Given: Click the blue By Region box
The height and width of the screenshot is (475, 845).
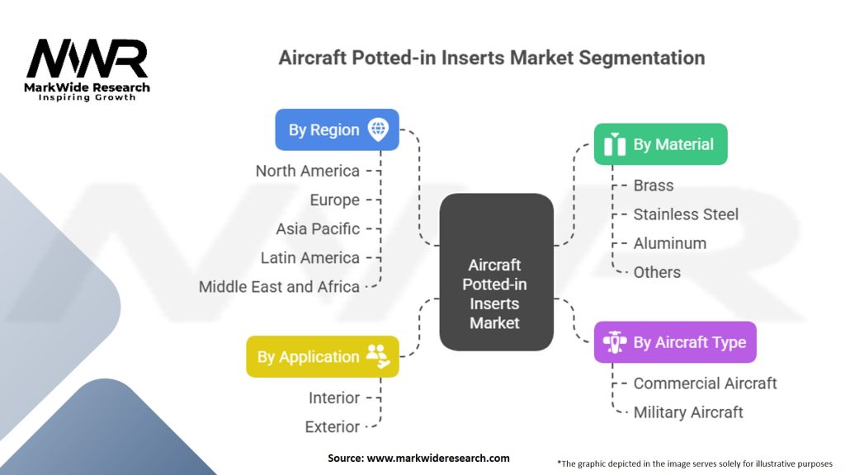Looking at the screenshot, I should click(337, 129).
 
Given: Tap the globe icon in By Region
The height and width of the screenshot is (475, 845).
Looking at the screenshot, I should click(379, 129).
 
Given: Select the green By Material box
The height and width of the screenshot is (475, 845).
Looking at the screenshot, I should click(660, 144).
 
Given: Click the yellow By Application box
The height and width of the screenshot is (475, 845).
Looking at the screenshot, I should click(322, 356).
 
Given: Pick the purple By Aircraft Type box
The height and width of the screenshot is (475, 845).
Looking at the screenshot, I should click(675, 342).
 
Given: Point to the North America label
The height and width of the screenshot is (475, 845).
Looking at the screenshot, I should click(308, 171).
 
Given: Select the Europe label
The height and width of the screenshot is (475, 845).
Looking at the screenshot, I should click(334, 200).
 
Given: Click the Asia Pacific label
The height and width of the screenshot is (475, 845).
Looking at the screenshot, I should click(318, 228).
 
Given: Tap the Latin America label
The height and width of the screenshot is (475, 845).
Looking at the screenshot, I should click(310, 257).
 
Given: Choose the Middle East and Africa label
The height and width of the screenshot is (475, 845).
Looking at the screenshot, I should click(279, 287).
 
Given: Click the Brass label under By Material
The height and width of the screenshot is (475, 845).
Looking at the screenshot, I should click(654, 186).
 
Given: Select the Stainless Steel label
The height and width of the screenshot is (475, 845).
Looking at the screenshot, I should click(686, 214).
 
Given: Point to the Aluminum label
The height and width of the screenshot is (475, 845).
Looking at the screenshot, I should click(669, 243).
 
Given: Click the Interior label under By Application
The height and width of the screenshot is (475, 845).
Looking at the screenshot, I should click(334, 397).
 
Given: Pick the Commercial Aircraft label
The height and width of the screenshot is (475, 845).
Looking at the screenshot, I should click(705, 383).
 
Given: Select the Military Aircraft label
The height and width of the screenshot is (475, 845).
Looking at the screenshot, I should click(688, 412).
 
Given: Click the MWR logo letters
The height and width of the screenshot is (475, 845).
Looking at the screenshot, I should click(87, 59).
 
